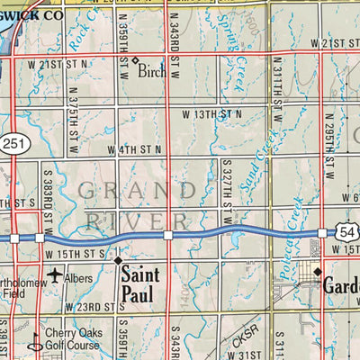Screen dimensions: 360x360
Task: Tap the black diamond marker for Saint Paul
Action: click(x=118, y=260)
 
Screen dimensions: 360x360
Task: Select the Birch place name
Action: click(x=152, y=71)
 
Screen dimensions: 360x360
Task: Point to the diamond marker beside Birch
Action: click(x=134, y=61)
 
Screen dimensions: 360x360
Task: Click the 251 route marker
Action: click(x=13, y=144)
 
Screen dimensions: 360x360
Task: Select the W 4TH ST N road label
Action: click(x=134, y=149)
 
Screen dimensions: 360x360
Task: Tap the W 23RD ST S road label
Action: click(x=93, y=308)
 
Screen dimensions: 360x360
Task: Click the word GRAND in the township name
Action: click(x=135, y=190)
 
